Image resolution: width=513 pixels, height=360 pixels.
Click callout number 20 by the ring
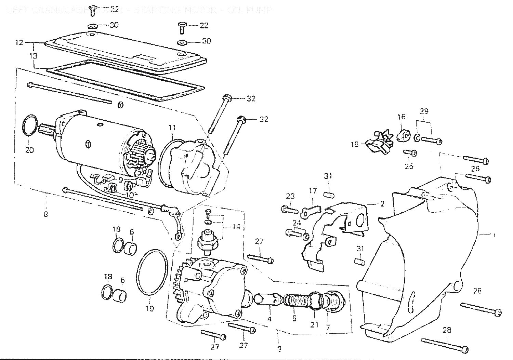[x=30, y=150]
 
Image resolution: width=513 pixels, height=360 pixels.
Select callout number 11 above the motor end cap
[x=172, y=128]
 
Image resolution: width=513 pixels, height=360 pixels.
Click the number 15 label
[x=355, y=145]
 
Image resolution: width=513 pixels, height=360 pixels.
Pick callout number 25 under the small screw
[x=409, y=166]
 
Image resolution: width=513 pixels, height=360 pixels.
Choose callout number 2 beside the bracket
[x=382, y=204]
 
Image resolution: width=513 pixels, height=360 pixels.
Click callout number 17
[x=313, y=190]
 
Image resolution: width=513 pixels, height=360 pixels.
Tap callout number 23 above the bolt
[x=290, y=196]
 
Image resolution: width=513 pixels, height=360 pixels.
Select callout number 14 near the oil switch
[x=236, y=227]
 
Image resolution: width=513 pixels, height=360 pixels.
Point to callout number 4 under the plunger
[x=269, y=319]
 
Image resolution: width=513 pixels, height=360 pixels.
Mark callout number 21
[x=314, y=324]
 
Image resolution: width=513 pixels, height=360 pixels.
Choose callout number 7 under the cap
[x=328, y=327]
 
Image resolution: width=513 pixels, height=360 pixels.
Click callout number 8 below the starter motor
[x=46, y=214]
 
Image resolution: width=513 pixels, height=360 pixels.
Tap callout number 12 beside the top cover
[x=19, y=43]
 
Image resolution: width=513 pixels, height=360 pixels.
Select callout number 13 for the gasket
[x=34, y=55]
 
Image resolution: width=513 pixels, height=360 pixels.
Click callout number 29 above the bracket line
[x=424, y=111]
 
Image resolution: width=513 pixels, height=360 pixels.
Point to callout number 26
[x=475, y=169]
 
